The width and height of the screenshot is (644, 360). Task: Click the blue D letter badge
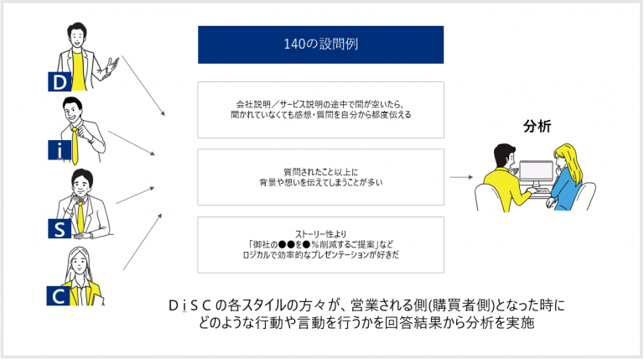pyautogui.click(x=60, y=81)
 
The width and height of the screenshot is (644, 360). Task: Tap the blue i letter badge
pyautogui.click(x=60, y=149)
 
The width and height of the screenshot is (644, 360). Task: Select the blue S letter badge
pyautogui.click(x=60, y=228)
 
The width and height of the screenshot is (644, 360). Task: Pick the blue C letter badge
pyautogui.click(x=58, y=296)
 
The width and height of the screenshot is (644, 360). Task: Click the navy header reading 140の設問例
pyautogui.click(x=321, y=44)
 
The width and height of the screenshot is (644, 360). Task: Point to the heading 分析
pyautogui.click(x=537, y=126)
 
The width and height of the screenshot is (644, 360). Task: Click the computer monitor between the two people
pyautogui.click(x=536, y=173)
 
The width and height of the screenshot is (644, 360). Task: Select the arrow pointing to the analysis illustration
pyautogui.click(x=461, y=177)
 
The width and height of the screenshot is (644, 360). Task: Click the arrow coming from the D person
pyautogui.click(x=143, y=86)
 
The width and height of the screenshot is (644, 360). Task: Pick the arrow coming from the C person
pyautogui.click(x=143, y=242)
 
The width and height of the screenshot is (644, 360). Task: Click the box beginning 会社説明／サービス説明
pyautogui.click(x=321, y=110)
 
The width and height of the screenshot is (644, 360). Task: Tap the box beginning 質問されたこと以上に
pyautogui.click(x=321, y=177)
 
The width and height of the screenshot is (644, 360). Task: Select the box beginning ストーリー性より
pyautogui.click(x=321, y=245)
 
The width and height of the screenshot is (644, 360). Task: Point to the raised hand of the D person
pyautogui.click(x=111, y=66)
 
